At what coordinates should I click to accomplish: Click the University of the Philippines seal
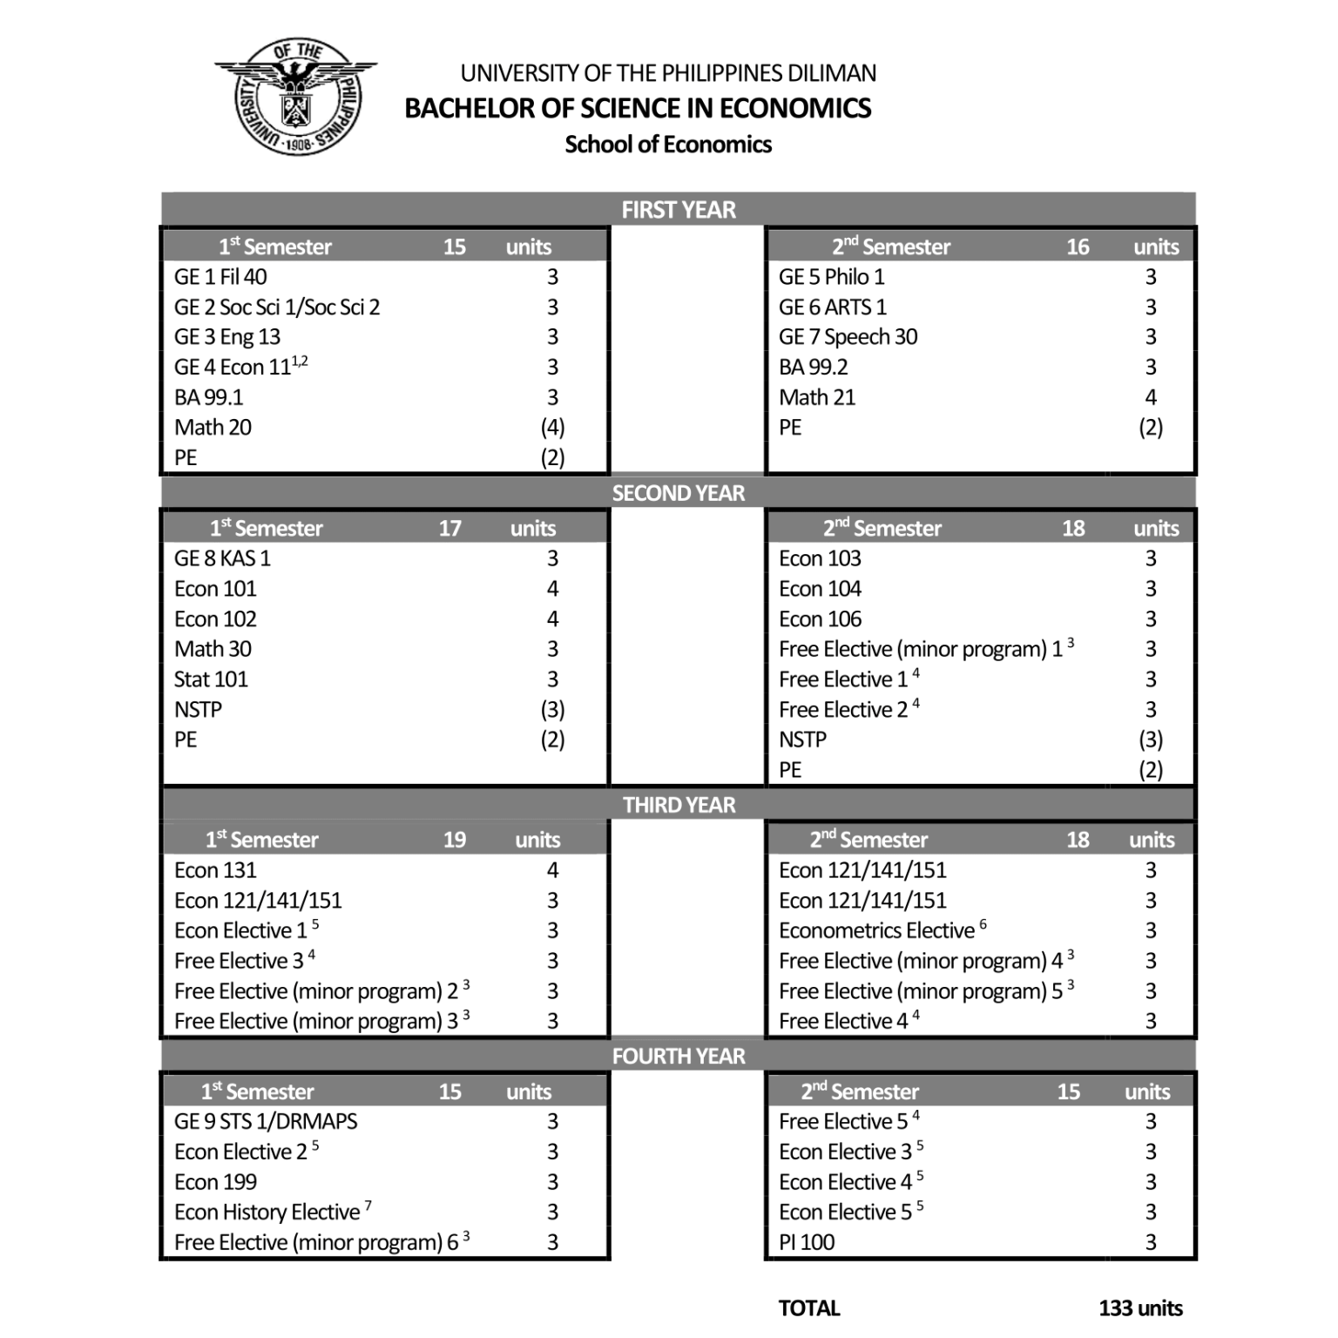pyautogui.click(x=296, y=98)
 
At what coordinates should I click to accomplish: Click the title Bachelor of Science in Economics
pyautogui.click(x=638, y=108)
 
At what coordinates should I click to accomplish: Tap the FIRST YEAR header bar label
pyautogui.click(x=678, y=210)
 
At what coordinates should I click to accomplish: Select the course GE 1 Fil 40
pyautogui.click(x=220, y=277)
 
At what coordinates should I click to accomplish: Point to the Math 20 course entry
pyautogui.click(x=213, y=428)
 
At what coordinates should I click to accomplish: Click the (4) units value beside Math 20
pyautogui.click(x=552, y=428)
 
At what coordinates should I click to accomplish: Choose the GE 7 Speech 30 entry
pyautogui.click(x=848, y=337)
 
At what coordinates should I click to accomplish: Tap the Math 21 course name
pyautogui.click(x=817, y=397)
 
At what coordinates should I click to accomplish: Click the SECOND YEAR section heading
pyautogui.click(x=678, y=493)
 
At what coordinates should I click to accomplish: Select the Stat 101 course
pyautogui.click(x=211, y=679)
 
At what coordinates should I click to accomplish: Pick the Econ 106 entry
pyautogui.click(x=820, y=619)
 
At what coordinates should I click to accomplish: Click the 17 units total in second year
pyautogui.click(x=449, y=529)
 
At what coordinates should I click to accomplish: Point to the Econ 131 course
pyautogui.click(x=215, y=870)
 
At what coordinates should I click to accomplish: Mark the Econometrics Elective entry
pyautogui.click(x=877, y=931)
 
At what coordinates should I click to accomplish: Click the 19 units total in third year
pyautogui.click(x=454, y=841)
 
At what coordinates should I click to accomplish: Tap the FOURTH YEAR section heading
pyautogui.click(x=678, y=1057)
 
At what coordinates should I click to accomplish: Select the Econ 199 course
pyautogui.click(x=215, y=1182)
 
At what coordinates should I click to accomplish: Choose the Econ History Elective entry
pyautogui.click(x=267, y=1213)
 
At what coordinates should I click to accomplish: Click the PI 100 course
pyautogui.click(x=807, y=1242)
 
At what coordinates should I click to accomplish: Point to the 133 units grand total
pyautogui.click(x=1140, y=1308)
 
